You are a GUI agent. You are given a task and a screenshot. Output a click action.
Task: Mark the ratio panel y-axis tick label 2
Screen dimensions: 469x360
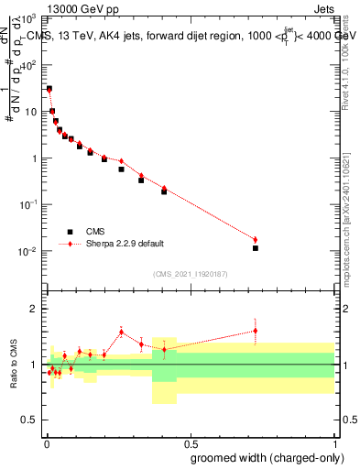click(x=34, y=309)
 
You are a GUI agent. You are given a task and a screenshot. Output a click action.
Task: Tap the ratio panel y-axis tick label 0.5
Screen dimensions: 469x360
click(x=29, y=421)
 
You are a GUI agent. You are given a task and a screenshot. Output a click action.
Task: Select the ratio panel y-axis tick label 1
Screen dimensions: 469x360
click(x=34, y=365)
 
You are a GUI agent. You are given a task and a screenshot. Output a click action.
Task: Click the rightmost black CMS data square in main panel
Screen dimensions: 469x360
click(x=256, y=248)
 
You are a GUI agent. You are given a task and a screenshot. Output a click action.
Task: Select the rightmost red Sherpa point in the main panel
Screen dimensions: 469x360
click(x=256, y=240)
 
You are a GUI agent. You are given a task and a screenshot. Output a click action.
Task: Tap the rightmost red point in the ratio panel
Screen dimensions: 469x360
click(x=256, y=331)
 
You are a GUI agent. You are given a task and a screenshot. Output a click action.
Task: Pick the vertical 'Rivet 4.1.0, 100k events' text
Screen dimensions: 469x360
click(x=352, y=56)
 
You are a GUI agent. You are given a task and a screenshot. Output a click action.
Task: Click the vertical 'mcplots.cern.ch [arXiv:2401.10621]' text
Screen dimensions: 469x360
click(x=352, y=207)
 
